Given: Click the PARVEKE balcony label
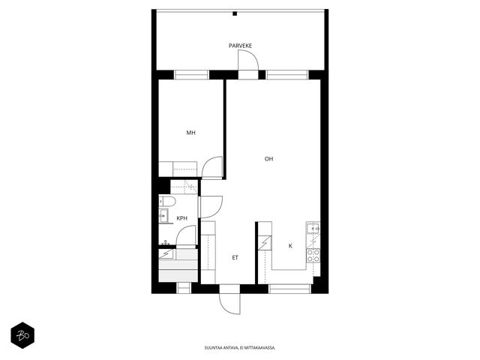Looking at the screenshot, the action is (x=240, y=46).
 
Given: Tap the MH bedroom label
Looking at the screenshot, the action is (x=190, y=133).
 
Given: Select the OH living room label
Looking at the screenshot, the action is (x=268, y=158).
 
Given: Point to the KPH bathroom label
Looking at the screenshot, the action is (x=181, y=218).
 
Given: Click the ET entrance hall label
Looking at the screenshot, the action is (x=235, y=258).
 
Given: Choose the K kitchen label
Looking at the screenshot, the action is (x=290, y=246).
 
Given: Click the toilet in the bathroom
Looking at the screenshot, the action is (x=167, y=202).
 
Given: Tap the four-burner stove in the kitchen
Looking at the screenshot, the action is (x=313, y=256).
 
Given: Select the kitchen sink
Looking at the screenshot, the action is (x=313, y=228).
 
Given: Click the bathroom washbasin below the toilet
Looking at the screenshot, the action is (x=163, y=215).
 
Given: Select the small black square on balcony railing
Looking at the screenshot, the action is (x=235, y=13).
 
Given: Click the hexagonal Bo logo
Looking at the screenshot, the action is (x=22, y=335).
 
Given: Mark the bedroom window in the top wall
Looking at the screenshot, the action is (x=191, y=75).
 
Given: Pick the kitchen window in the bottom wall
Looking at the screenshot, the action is (x=289, y=289).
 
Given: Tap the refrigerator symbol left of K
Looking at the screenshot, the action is (x=265, y=243).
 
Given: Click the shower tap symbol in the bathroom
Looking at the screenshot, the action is (x=166, y=243).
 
